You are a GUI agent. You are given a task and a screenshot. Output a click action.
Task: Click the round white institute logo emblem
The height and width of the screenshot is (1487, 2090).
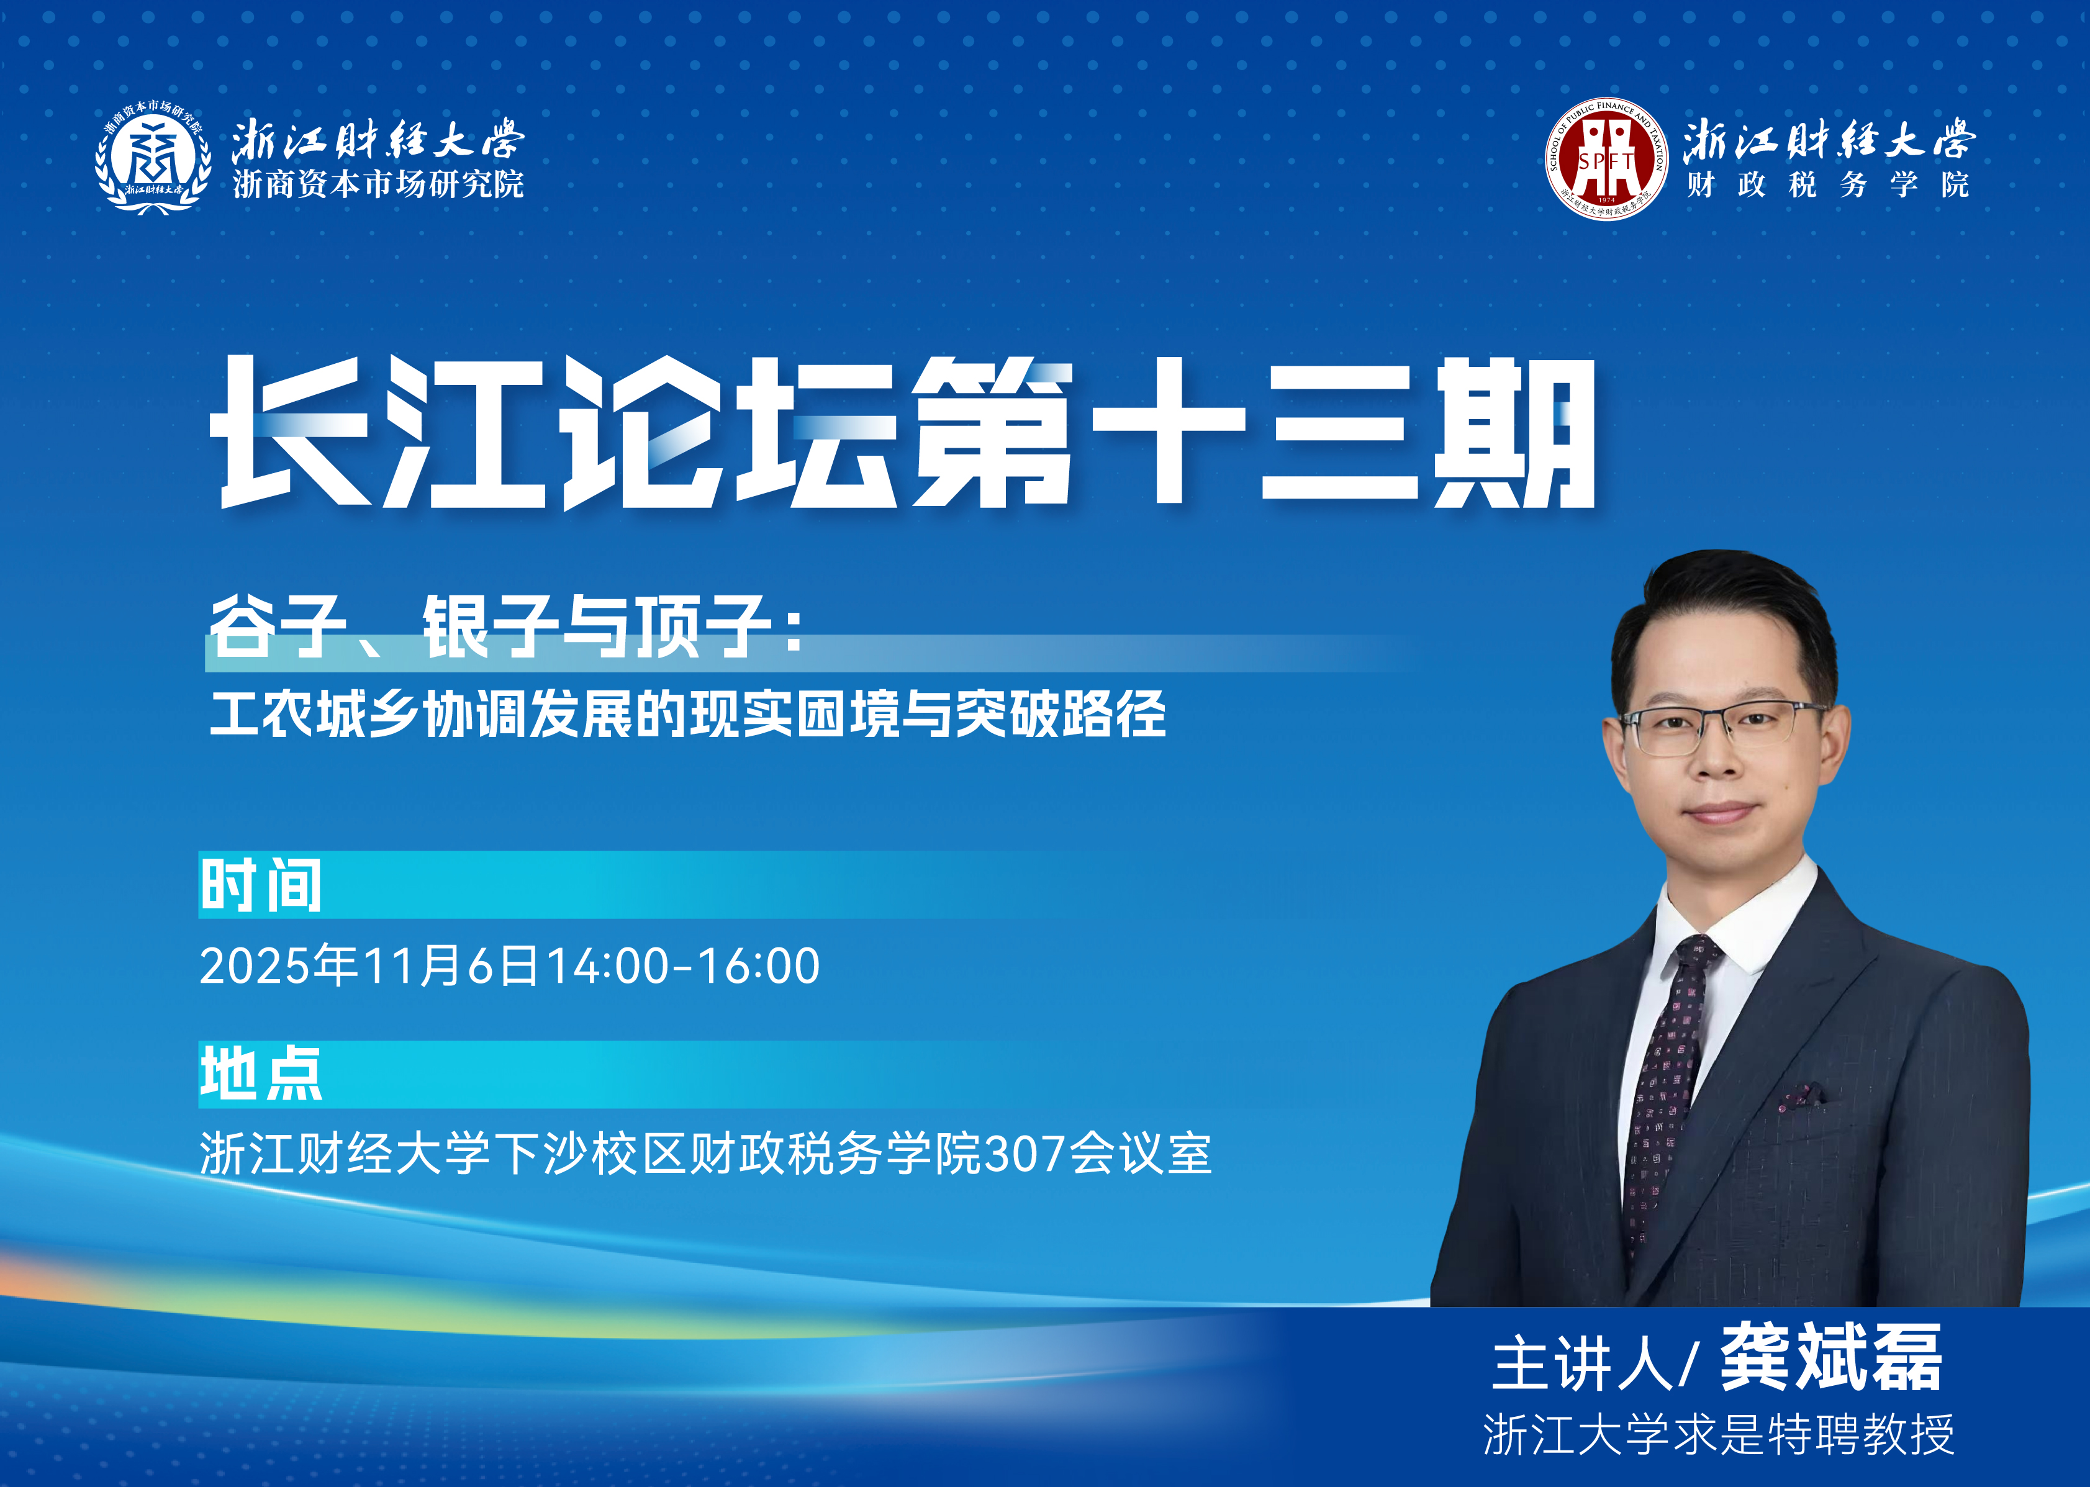(153, 158)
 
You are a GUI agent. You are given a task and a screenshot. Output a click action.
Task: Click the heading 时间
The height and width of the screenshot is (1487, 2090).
(261, 885)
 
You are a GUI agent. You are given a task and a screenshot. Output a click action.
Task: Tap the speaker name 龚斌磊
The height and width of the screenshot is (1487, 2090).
(1831, 1358)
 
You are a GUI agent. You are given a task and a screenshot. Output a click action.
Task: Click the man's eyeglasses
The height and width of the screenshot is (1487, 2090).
(1721, 728)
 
